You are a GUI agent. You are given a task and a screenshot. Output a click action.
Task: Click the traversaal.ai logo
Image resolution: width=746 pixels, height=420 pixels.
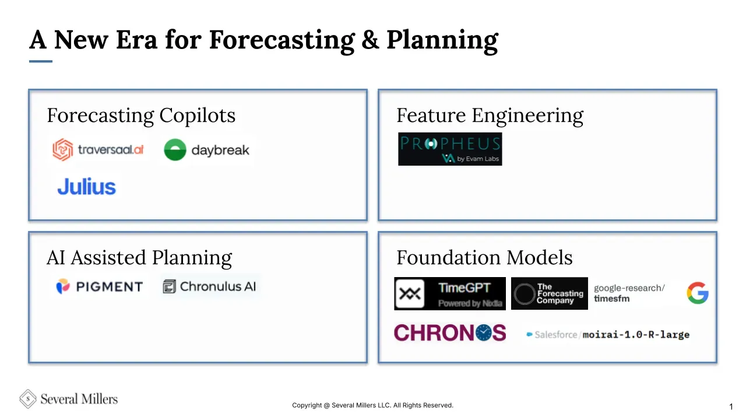point(98,150)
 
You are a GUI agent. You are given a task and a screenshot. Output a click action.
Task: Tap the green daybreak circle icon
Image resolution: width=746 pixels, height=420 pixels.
point(175,150)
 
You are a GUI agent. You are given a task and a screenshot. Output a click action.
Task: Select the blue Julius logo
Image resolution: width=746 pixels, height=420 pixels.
point(87,186)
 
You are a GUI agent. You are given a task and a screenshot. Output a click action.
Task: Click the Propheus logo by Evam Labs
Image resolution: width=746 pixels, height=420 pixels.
point(450,149)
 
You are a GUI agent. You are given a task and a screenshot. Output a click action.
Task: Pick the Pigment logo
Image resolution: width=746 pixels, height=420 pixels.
point(100,286)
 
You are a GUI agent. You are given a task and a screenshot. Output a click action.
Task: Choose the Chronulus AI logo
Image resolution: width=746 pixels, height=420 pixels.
point(209,286)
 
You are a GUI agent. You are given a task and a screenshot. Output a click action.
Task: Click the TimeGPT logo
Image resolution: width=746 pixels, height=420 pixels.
point(450,293)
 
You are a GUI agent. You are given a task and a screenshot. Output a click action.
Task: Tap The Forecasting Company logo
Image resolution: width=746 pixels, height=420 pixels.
point(550,293)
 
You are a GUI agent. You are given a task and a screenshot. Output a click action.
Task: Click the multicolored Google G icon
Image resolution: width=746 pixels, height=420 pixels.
point(698,293)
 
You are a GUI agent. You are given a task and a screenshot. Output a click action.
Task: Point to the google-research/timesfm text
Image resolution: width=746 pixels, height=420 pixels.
point(629,293)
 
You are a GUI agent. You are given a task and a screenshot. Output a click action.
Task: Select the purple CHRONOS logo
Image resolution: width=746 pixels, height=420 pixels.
point(450,332)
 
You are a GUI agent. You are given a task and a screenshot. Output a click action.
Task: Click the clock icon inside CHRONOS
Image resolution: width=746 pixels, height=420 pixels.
point(484,332)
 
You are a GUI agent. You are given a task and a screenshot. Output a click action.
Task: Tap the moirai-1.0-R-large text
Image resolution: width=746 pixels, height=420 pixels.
point(636,335)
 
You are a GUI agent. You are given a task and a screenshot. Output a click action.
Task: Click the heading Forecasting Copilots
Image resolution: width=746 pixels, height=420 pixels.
point(141,116)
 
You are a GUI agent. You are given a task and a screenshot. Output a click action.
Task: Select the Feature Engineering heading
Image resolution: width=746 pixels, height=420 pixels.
point(490,116)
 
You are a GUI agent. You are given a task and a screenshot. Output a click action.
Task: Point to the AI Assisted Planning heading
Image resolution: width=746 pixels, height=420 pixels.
point(139,258)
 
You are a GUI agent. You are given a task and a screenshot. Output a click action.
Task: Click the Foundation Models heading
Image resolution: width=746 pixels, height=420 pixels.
point(484,258)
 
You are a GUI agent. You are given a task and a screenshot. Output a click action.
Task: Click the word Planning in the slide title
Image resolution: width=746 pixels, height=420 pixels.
point(442,41)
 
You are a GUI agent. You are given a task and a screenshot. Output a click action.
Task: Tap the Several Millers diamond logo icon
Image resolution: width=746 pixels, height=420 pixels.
point(27,399)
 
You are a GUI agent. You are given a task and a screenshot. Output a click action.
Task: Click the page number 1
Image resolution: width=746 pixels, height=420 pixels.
point(731,407)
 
